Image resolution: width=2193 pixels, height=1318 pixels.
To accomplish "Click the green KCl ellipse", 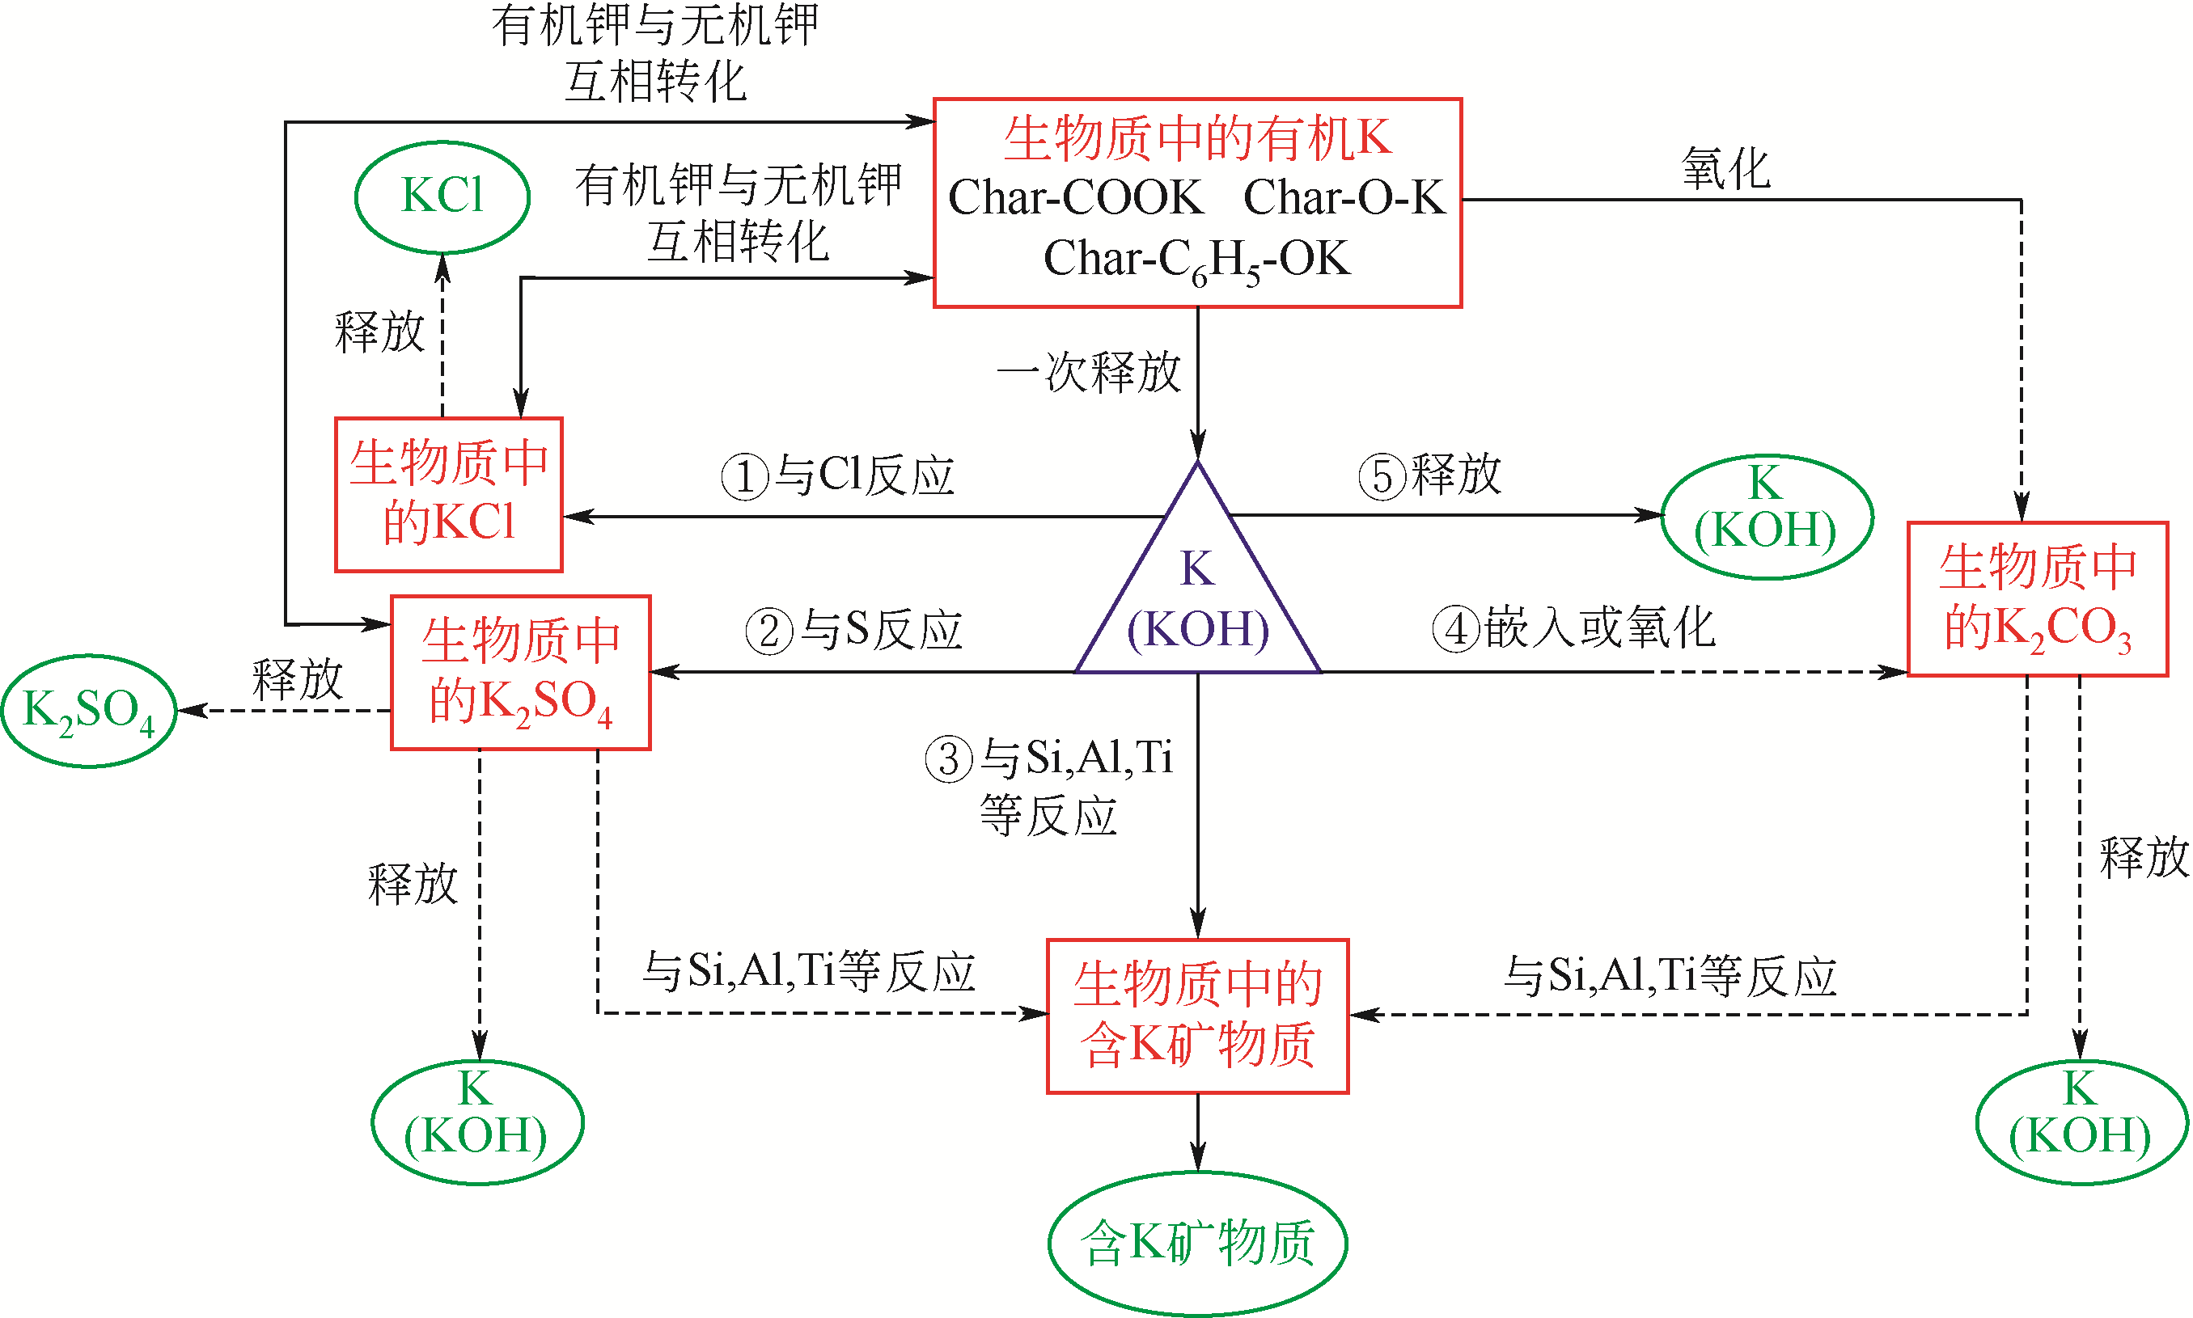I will tap(442, 196).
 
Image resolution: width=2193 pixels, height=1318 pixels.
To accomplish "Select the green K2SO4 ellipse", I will tap(89, 712).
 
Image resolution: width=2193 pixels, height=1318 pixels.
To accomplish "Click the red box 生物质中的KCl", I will tap(448, 494).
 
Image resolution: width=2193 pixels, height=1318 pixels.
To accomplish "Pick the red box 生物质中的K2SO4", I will tap(520, 672).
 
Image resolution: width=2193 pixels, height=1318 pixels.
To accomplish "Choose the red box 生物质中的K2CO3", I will tap(2038, 598).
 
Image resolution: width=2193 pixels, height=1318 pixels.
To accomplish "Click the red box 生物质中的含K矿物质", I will tap(1197, 1015).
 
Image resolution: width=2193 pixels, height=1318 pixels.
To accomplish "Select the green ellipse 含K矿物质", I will tap(1197, 1243).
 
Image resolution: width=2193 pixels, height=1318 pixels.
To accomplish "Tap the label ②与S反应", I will tap(853, 630).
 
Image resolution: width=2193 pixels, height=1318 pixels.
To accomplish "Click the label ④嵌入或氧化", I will tap(1573, 628).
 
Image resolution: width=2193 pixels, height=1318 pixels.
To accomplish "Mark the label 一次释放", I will tap(1088, 371).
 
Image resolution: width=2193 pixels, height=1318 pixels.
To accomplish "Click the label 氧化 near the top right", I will tap(1725, 169).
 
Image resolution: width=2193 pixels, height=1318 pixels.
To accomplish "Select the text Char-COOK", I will tap(1076, 197).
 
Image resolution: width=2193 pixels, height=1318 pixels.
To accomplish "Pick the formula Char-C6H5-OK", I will tap(1196, 260).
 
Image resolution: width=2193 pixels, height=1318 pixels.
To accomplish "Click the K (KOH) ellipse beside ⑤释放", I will tap(1766, 515).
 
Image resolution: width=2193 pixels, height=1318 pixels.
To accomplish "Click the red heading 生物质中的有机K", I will tap(1197, 138).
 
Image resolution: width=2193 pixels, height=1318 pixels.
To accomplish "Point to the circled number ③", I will tap(949, 759).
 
